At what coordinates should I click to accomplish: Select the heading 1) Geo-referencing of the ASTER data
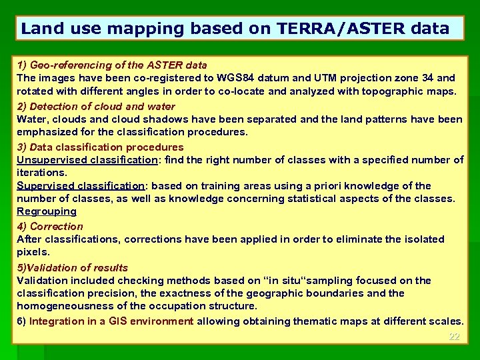click(x=112, y=65)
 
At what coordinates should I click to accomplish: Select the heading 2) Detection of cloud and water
click(x=96, y=106)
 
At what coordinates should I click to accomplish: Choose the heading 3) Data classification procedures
click(x=100, y=147)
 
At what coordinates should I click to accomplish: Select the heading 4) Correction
click(x=50, y=226)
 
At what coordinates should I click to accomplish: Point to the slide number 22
click(x=454, y=337)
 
